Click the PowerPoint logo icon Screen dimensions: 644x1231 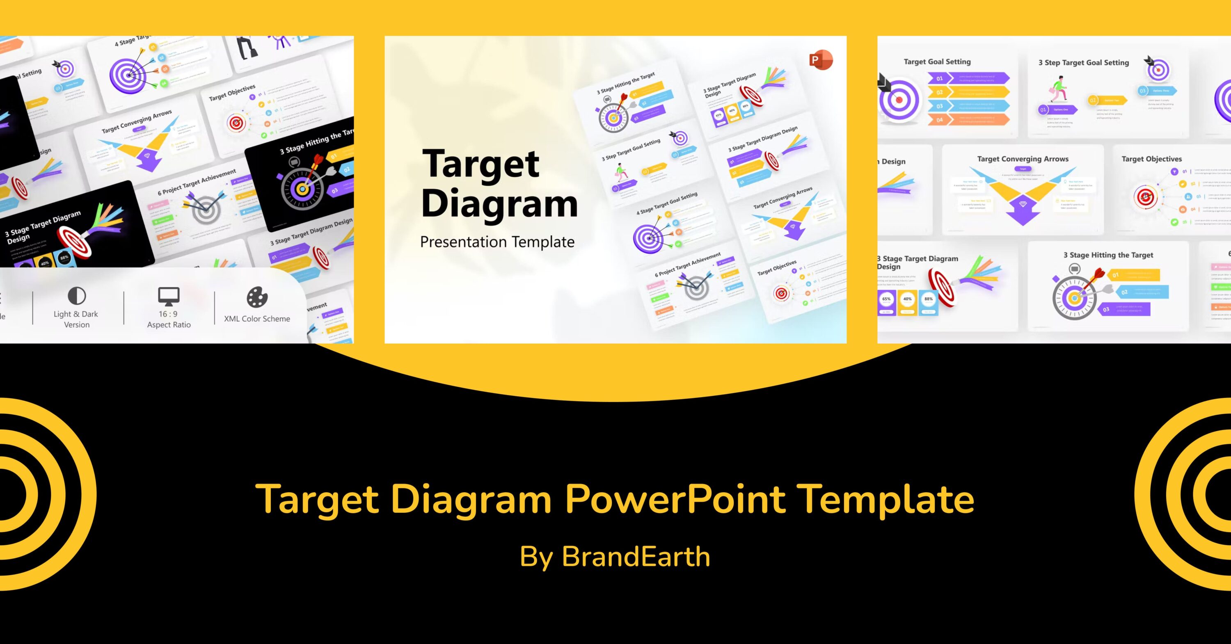(821, 60)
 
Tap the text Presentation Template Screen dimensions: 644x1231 (497, 242)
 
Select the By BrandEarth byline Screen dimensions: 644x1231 (615, 557)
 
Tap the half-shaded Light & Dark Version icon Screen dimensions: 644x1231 (76, 296)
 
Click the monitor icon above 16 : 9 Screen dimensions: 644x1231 (169, 296)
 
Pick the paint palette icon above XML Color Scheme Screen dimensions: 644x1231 (257, 297)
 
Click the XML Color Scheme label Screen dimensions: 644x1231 (257, 319)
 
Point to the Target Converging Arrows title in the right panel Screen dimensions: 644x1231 (1023, 159)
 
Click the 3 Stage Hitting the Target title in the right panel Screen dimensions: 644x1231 (1108, 255)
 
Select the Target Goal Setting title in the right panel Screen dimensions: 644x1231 (937, 62)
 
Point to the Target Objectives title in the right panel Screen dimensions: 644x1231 (1151, 159)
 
